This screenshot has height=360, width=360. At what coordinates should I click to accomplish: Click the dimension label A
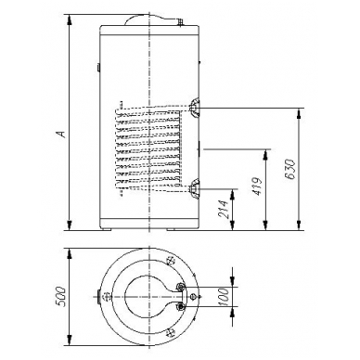pyautogui.click(x=62, y=134)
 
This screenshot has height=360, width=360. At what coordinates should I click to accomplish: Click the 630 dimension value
pyautogui.click(x=290, y=170)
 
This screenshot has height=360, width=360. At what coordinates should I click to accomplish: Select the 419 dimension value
pyautogui.click(x=257, y=186)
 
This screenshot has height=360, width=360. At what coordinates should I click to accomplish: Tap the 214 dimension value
pyautogui.click(x=225, y=210)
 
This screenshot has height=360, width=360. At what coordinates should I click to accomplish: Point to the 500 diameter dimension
pyautogui.click(x=61, y=297)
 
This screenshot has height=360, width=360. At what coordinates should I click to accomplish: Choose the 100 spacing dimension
pyautogui.click(x=224, y=297)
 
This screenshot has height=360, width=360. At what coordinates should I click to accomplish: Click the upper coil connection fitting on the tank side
pyautogui.click(x=195, y=109)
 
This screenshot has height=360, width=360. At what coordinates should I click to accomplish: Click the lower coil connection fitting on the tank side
pyautogui.click(x=195, y=188)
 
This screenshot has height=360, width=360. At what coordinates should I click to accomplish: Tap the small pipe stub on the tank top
pyautogui.click(x=180, y=21)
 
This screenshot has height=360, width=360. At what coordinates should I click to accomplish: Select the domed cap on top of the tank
pyautogui.click(x=147, y=19)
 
